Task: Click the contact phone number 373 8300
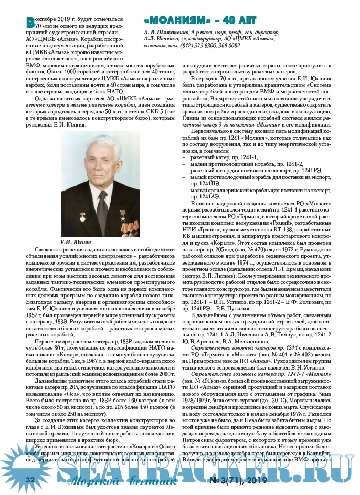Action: [210, 46]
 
